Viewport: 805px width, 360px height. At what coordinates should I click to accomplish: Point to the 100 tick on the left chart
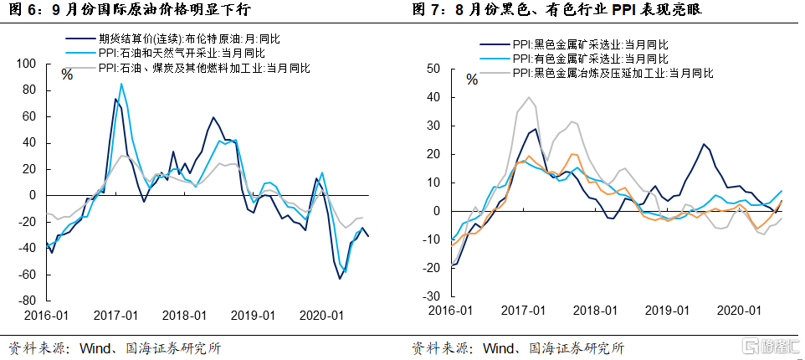tap(28, 64)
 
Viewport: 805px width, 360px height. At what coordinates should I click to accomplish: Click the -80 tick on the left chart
tap(28, 301)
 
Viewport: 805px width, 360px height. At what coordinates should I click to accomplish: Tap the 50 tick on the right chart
tap(434, 69)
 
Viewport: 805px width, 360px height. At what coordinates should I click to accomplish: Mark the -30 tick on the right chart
tap(433, 296)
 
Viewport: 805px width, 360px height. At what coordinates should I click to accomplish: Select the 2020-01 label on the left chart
tap(321, 316)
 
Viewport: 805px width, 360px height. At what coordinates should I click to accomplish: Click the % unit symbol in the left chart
tap(67, 75)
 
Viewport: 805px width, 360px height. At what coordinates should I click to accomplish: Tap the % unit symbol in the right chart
tap(472, 80)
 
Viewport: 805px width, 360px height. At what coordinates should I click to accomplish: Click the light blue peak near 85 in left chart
tap(121, 84)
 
